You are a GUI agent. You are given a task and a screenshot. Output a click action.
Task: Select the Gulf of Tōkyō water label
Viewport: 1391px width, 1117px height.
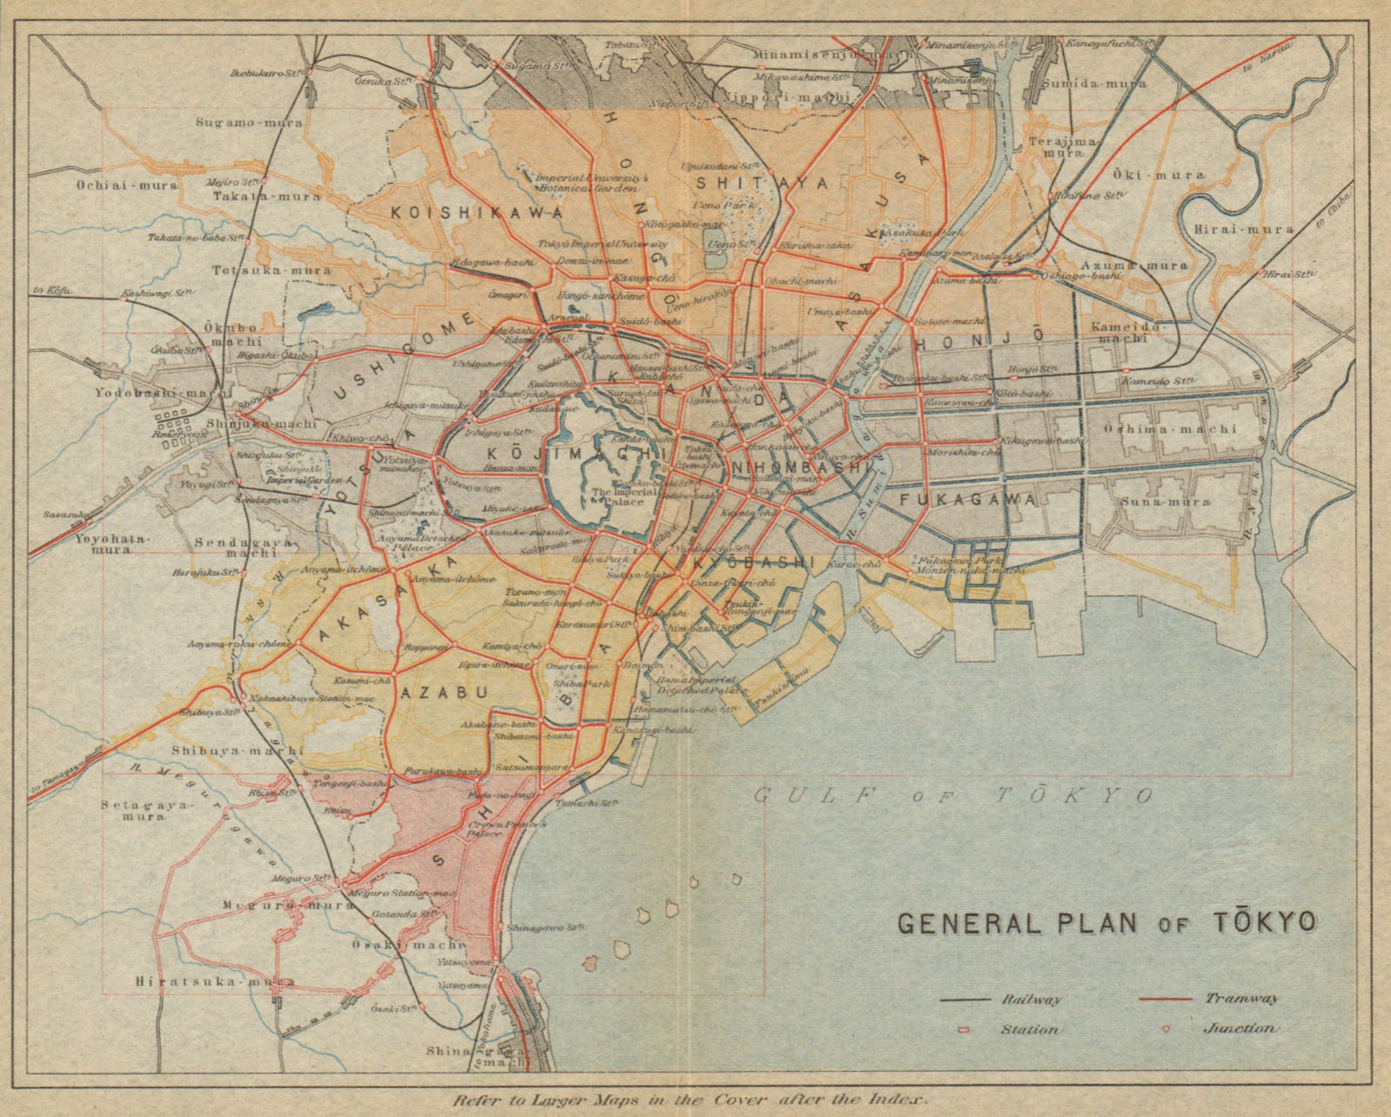coord(953,795)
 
